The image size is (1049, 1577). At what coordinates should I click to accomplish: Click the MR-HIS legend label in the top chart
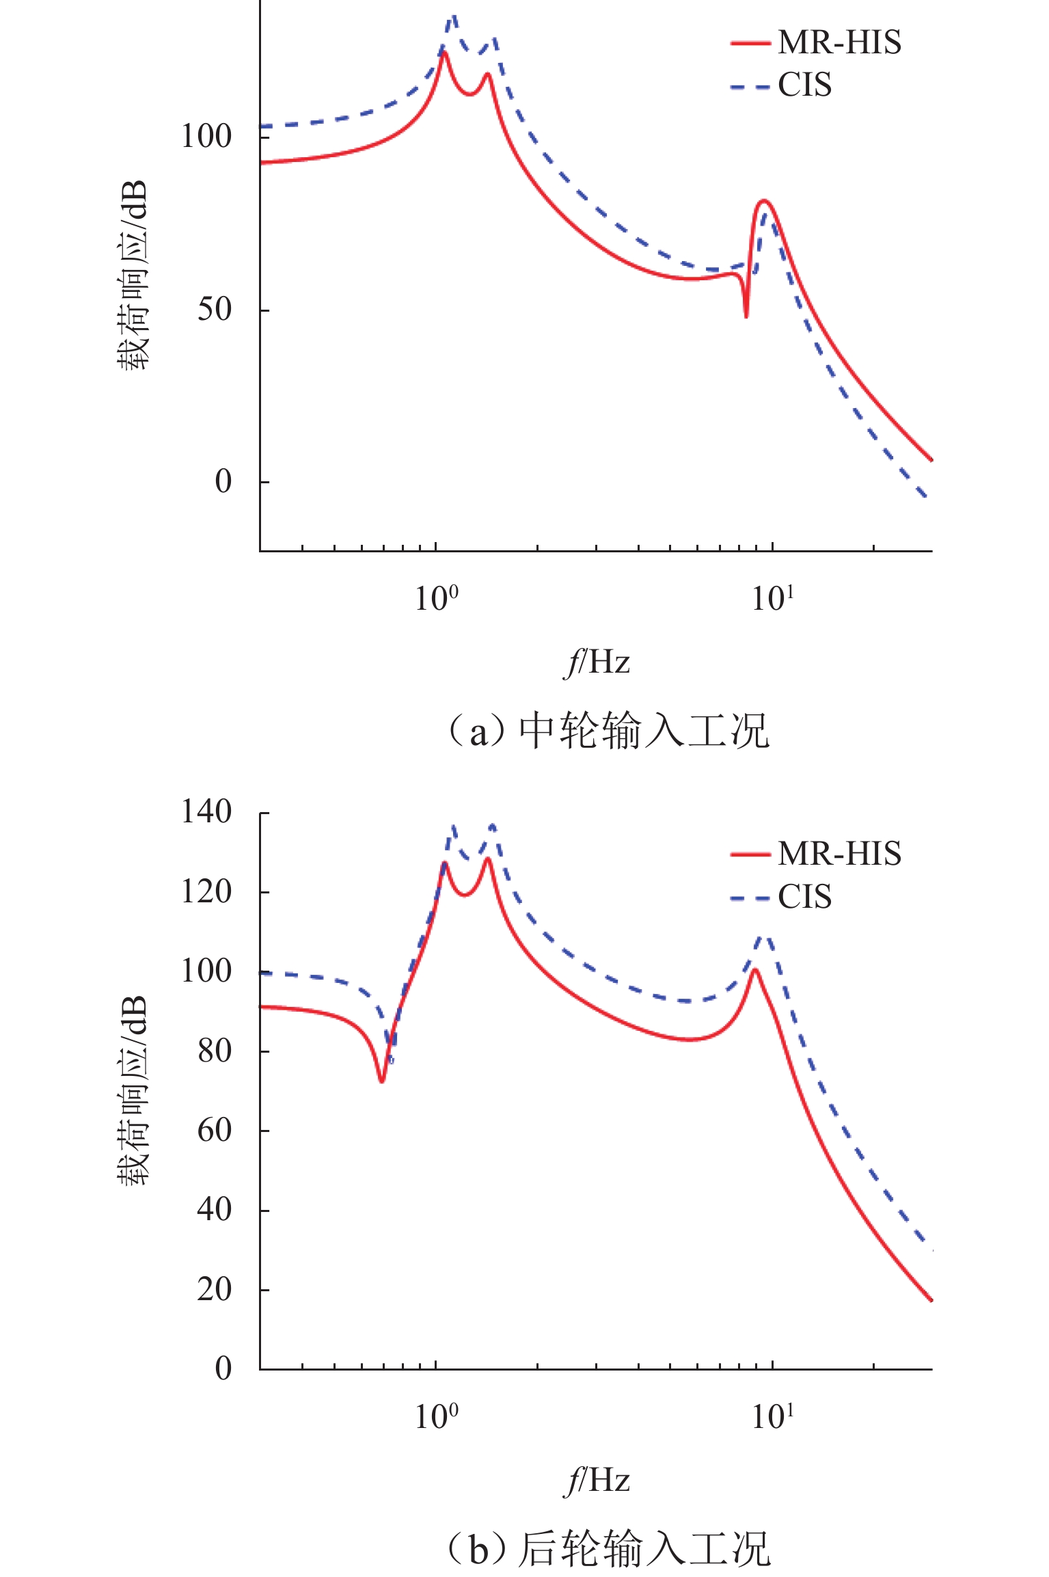tap(839, 42)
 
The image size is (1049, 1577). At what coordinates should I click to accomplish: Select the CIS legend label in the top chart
tap(804, 85)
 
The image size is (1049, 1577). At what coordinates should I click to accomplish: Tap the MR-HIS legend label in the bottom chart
tap(839, 854)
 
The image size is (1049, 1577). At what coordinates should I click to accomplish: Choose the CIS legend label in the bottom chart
tap(804, 897)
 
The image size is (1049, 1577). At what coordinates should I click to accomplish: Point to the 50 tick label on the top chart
tap(215, 310)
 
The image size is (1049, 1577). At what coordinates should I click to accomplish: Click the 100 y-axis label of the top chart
tap(206, 136)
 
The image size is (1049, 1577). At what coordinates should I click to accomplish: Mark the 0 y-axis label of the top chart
tap(223, 482)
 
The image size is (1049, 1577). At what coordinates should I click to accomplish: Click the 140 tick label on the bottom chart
tap(206, 813)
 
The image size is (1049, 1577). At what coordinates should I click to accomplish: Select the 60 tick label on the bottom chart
tap(215, 1131)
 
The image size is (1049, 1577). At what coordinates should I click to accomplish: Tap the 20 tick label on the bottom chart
tap(215, 1290)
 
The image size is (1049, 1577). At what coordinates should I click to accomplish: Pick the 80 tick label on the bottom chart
tap(215, 1051)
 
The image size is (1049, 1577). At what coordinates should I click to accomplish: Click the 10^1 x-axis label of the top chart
tap(772, 599)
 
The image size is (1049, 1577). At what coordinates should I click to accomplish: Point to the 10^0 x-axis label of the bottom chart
tap(436, 1417)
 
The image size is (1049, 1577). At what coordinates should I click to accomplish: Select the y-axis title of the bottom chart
tap(132, 1090)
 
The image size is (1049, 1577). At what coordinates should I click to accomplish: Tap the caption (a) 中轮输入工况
tap(608, 731)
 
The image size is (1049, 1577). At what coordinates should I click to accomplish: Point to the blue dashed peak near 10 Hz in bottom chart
tap(765, 937)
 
